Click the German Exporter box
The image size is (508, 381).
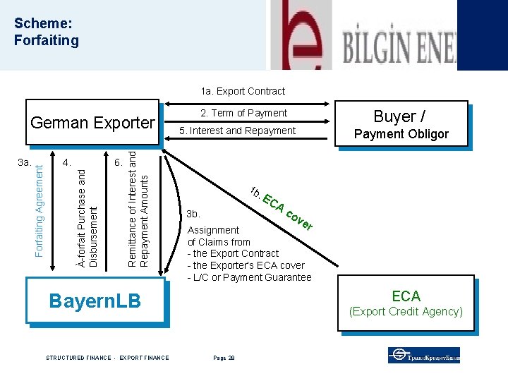(x=92, y=123)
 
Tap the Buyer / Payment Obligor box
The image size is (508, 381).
(x=401, y=124)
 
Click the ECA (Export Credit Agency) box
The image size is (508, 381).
(x=406, y=303)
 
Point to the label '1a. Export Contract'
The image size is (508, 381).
(x=243, y=91)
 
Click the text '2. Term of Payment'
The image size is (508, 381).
(x=243, y=113)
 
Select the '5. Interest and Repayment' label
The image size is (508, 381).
(x=238, y=131)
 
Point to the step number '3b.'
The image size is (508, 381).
(x=193, y=214)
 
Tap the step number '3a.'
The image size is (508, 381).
(x=25, y=163)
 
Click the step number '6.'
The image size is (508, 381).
(x=119, y=163)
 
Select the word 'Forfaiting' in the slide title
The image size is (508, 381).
(x=47, y=40)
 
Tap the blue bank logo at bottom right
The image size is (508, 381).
(x=423, y=355)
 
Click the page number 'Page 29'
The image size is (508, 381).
(x=224, y=358)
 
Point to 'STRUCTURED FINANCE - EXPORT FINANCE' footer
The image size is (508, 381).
(x=107, y=358)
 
